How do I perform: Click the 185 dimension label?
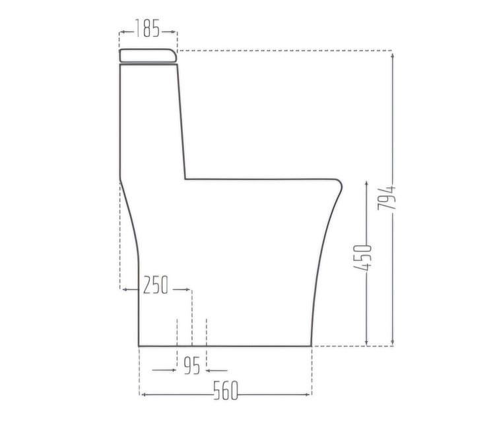147,28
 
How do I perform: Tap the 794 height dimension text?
387,198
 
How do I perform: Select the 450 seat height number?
362,258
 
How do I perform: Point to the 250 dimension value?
155,285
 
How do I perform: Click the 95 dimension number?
192,366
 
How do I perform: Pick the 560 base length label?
226,391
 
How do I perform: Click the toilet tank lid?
148,55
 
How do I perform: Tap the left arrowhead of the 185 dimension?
122,32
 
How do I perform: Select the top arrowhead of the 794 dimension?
393,56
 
